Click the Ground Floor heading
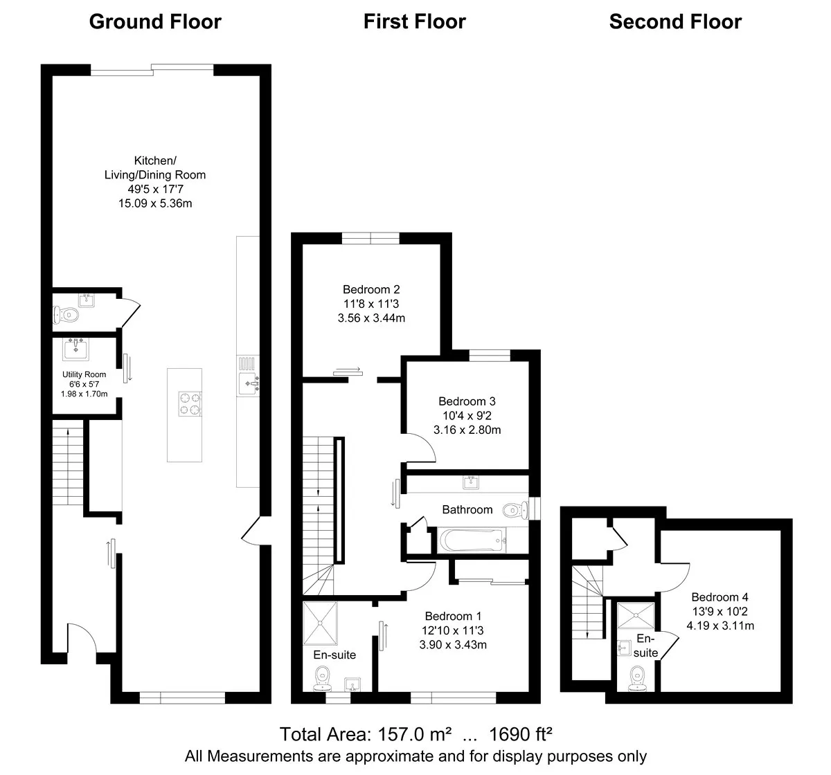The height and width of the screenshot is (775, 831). [x=155, y=21]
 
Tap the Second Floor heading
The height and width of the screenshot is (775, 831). [x=675, y=21]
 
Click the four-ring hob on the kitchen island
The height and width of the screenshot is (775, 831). [x=190, y=403]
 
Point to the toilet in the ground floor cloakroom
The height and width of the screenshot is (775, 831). [x=66, y=315]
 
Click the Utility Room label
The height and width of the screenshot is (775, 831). [x=84, y=374]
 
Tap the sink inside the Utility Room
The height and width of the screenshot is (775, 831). [x=75, y=349]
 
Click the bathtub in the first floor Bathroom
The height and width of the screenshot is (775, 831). [x=472, y=540]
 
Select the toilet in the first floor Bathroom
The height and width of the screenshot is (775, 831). [x=515, y=510]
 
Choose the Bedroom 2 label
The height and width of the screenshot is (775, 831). [x=371, y=289]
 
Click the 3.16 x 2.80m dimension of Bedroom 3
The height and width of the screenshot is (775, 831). [x=467, y=430]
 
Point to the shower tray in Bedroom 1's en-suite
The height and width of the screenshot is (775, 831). [x=320, y=623]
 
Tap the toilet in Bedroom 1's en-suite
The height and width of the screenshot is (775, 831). [x=323, y=679]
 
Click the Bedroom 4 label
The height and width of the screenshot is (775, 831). [x=720, y=597]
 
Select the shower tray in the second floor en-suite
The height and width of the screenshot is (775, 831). [x=636, y=615]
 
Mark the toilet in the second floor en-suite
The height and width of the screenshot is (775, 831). [x=637, y=679]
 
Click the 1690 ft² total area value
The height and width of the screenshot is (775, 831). [x=521, y=733]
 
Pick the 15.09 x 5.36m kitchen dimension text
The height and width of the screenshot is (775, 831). [x=155, y=203]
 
